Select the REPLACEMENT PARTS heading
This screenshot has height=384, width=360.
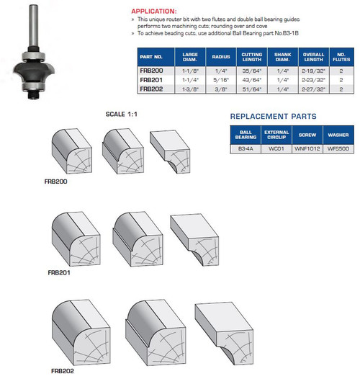(273, 116)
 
